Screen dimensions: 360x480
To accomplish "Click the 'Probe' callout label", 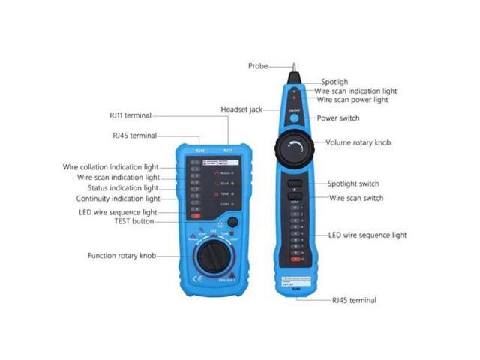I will tap(258, 66).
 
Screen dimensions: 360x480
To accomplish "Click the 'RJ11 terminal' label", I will tap(130, 115).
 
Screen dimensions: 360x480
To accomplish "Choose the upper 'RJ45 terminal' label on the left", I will tap(134, 136).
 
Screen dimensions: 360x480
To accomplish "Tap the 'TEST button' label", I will tap(133, 221).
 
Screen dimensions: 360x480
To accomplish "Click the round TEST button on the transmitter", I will tap(233, 222).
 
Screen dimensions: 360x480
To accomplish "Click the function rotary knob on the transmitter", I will tap(212, 260).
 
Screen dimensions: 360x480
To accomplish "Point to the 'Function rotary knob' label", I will tap(121, 256).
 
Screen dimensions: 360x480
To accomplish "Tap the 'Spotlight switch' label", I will tap(353, 184).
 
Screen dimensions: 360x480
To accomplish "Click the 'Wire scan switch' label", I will tap(355, 198).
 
